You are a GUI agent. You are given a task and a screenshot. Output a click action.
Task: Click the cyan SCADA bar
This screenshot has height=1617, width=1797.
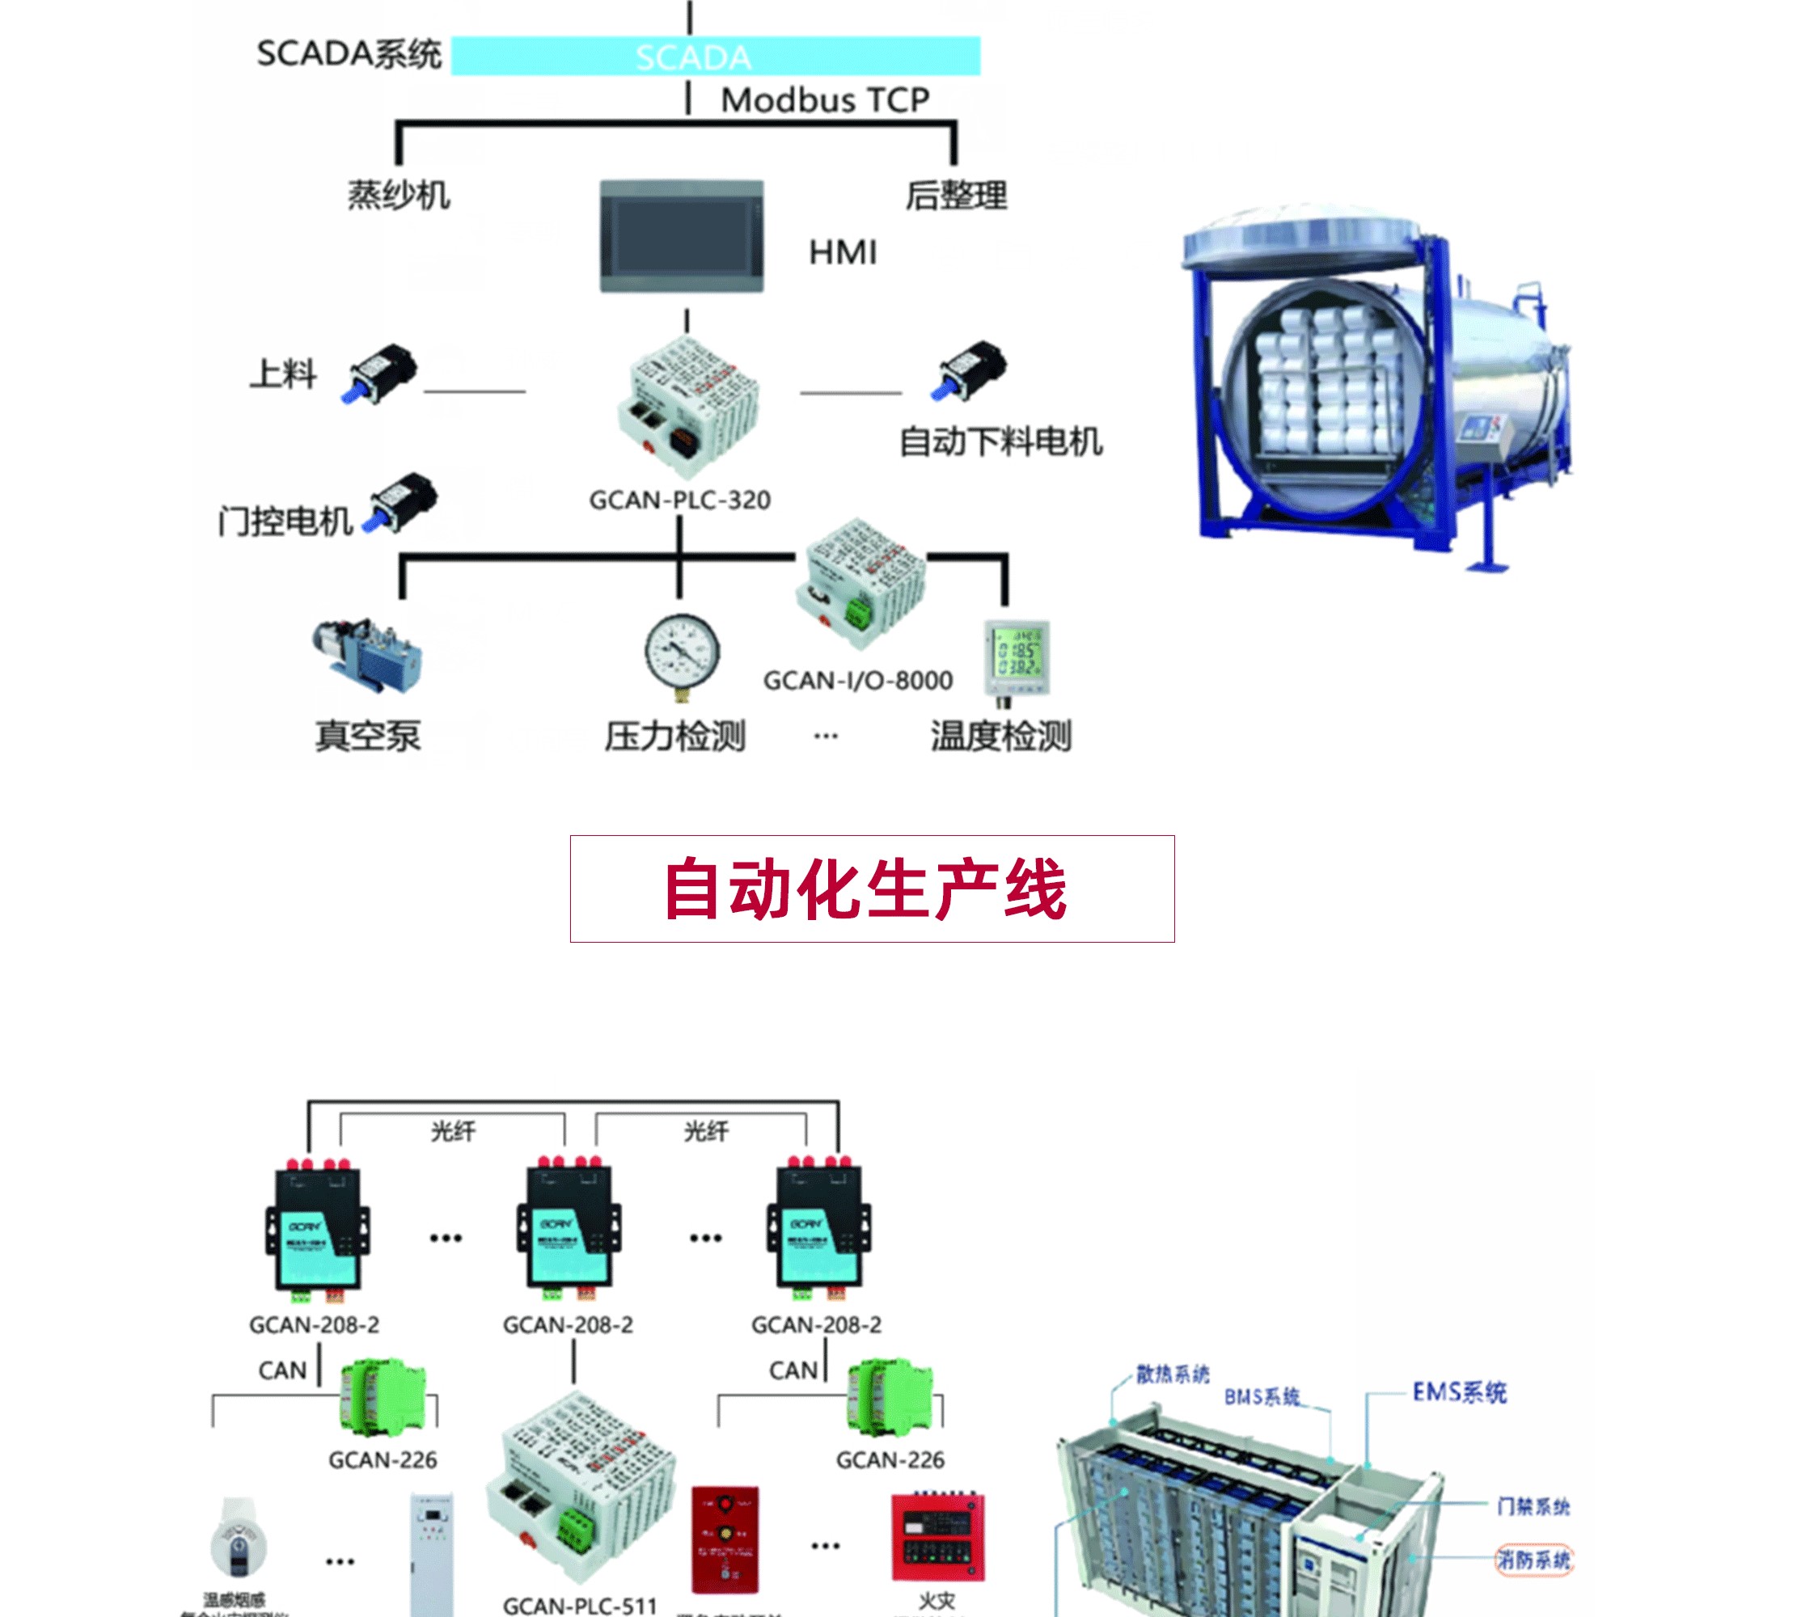[716, 56]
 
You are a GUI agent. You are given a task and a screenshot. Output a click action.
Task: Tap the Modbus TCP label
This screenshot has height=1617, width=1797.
[825, 100]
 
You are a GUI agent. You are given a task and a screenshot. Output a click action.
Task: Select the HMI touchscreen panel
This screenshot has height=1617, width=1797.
[682, 236]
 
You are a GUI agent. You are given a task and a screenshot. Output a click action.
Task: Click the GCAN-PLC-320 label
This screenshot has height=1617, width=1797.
[680, 500]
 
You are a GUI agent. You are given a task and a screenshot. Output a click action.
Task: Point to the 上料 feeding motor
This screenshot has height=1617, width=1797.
[380, 374]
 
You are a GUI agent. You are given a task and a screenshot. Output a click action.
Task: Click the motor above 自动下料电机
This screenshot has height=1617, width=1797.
[970, 370]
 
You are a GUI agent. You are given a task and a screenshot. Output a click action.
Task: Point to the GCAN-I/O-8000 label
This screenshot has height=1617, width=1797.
[857, 681]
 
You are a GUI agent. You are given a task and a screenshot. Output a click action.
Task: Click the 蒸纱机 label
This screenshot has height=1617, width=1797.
[399, 196]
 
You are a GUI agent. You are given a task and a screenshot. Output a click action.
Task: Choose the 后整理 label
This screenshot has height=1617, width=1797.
[956, 196]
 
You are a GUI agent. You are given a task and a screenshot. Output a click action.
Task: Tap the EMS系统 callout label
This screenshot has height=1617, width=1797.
[1459, 1392]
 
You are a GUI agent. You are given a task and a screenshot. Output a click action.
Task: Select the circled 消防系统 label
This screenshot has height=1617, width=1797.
[1533, 1560]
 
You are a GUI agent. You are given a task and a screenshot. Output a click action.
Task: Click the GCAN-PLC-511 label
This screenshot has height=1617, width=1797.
[579, 1606]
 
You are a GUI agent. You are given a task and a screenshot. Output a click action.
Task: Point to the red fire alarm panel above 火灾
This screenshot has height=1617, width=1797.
[938, 1537]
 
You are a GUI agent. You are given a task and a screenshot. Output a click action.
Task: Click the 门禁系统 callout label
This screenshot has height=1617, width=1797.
[1533, 1506]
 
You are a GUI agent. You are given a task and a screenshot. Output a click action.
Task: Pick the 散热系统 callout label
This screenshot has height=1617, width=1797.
[1172, 1374]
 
